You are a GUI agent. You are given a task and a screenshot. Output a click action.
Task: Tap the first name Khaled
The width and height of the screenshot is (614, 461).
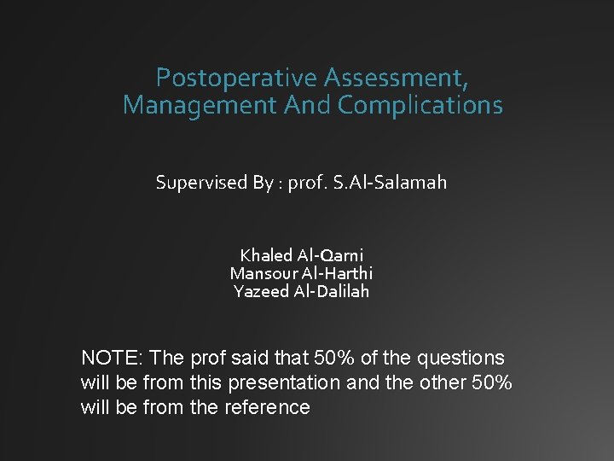pos(266,255)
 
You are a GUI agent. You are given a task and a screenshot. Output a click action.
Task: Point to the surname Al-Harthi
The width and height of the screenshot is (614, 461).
pos(339,273)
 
